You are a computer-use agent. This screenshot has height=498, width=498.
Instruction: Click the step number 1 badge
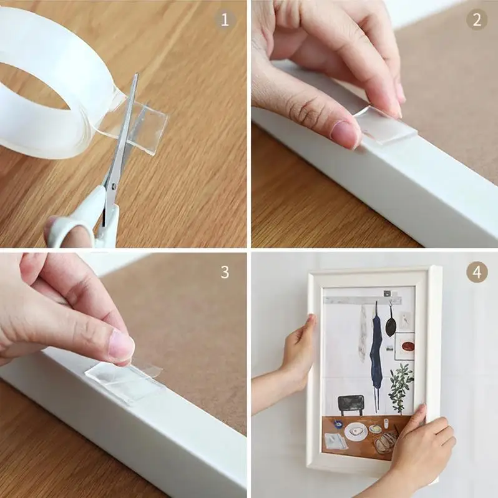click(225, 19)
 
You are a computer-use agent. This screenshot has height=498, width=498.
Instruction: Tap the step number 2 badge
click(476, 19)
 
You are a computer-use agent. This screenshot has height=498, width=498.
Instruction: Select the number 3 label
click(225, 271)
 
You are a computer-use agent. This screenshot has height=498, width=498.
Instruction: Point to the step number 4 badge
click(476, 271)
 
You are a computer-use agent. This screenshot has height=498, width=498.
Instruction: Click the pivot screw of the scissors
click(113, 185)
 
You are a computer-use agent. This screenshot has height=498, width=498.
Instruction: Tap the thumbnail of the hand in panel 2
click(344, 133)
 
